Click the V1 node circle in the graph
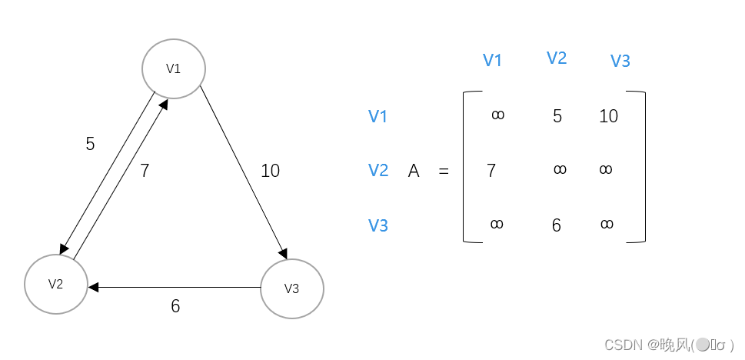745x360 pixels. point(174,68)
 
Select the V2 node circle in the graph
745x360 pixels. point(55,284)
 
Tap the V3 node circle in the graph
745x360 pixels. point(292,289)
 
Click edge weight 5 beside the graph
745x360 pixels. point(90,144)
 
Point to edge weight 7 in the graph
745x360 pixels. point(145,171)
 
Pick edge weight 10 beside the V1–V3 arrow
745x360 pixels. point(270,171)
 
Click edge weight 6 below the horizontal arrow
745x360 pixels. point(175,306)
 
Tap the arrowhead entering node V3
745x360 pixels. point(284,256)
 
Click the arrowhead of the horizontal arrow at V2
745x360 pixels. point(93,287)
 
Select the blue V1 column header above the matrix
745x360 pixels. point(492,61)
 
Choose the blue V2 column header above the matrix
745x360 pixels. point(557,58)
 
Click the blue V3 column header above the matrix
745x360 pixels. point(620,61)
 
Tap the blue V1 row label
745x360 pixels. point(377,116)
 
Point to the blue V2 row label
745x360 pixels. point(377,170)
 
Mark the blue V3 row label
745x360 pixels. point(377,225)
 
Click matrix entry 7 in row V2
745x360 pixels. point(491,171)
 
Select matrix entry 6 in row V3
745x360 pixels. point(557,225)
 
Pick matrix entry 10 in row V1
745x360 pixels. point(608,116)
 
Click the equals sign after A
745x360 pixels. point(444,172)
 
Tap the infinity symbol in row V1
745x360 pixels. point(497,115)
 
